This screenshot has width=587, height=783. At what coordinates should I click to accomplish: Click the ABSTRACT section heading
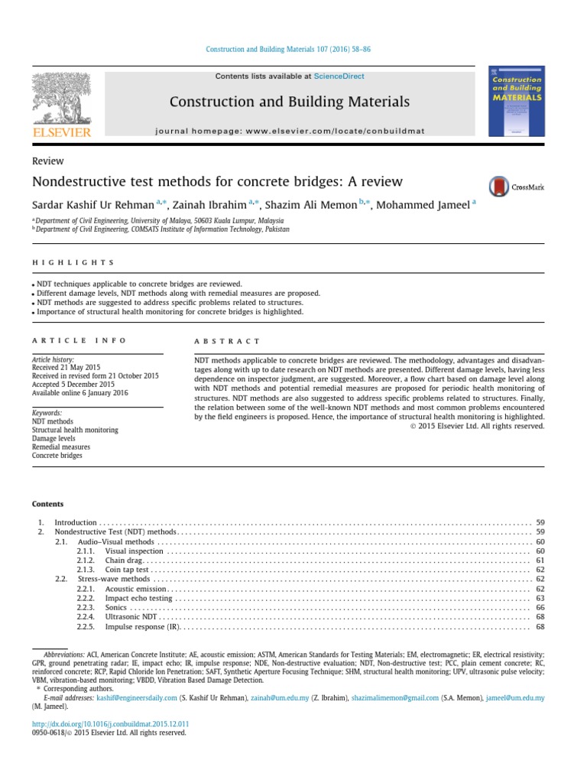(x=228, y=341)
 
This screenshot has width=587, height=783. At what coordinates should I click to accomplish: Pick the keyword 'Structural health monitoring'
(x=75, y=430)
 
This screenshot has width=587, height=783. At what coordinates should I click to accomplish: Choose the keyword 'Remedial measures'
(x=61, y=447)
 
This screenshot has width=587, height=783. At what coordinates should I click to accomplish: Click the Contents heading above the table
(x=47, y=504)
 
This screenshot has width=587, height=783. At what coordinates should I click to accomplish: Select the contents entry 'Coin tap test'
(x=127, y=570)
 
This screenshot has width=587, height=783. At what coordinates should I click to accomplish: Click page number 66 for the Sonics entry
(x=540, y=607)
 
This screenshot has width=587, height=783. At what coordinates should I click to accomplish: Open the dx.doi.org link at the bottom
(x=110, y=723)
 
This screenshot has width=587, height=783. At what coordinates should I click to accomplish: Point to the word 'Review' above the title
(x=47, y=161)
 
